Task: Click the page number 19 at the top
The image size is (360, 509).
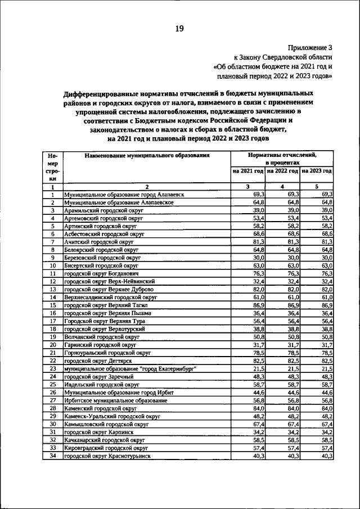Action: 179,29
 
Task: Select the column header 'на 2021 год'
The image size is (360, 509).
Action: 247,170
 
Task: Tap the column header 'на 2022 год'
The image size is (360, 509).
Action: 282,170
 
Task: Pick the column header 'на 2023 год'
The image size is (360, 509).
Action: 317,170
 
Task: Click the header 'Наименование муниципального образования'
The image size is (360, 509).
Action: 147,155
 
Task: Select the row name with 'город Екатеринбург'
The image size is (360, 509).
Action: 130,368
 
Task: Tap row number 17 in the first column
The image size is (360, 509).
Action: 52,321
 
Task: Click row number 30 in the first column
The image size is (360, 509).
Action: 52,424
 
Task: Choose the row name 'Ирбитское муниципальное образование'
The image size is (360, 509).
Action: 116,400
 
